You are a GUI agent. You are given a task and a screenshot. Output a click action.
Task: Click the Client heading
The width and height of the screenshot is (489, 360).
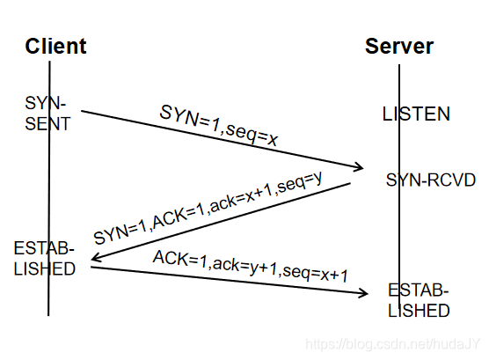[55, 46]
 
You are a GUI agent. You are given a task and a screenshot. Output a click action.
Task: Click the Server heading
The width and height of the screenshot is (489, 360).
[399, 46]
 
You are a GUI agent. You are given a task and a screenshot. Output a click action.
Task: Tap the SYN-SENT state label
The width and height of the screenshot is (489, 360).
[47, 113]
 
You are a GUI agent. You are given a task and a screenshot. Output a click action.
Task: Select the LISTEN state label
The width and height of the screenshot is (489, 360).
[416, 114]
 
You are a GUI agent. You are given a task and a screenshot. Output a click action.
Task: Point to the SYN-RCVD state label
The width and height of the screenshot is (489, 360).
[431, 180]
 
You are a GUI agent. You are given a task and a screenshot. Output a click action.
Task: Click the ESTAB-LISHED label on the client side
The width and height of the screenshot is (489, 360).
[44, 258]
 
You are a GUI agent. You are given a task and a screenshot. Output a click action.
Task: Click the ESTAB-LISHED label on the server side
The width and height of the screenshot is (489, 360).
[419, 300]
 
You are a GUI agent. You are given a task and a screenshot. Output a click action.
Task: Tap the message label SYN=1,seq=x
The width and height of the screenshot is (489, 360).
[218, 126]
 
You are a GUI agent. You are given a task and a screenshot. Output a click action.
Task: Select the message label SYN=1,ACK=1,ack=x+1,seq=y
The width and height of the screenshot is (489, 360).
[208, 208]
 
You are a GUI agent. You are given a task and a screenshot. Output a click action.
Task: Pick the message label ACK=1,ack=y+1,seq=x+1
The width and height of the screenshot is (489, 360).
[250, 266]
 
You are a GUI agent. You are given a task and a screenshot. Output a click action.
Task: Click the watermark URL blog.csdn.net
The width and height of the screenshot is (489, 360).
[392, 344]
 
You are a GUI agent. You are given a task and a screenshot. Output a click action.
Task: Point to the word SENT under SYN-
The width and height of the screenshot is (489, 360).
[47, 123]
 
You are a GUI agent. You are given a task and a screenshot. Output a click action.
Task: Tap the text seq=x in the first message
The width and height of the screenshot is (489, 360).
[252, 135]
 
